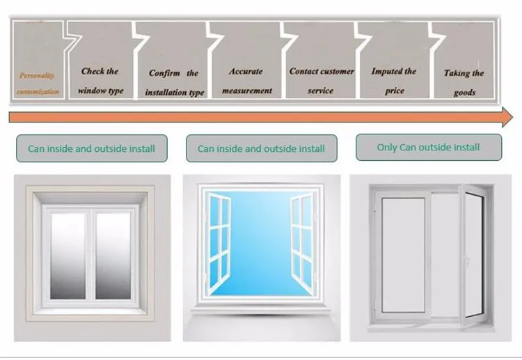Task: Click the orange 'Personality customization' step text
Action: pyautogui.click(x=38, y=83)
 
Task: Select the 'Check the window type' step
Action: pyautogui.click(x=100, y=80)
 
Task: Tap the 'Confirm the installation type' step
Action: pyautogui.click(x=174, y=82)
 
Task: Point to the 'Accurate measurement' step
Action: pyautogui.click(x=246, y=80)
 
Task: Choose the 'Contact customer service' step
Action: pyautogui.click(x=322, y=80)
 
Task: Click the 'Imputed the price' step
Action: pyautogui.click(x=394, y=80)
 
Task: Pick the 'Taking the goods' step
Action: pyautogui.click(x=464, y=82)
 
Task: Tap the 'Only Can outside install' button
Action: pyautogui.click(x=428, y=147)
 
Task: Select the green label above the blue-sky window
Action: pyautogui.click(x=261, y=148)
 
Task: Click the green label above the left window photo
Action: pyautogui.click(x=91, y=148)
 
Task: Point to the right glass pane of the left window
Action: pyautogui.click(x=113, y=256)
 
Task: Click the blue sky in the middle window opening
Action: pyautogui.click(x=260, y=237)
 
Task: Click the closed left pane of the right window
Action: pyautogui.click(x=404, y=254)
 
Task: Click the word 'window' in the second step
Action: pyautogui.click(x=91, y=91)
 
